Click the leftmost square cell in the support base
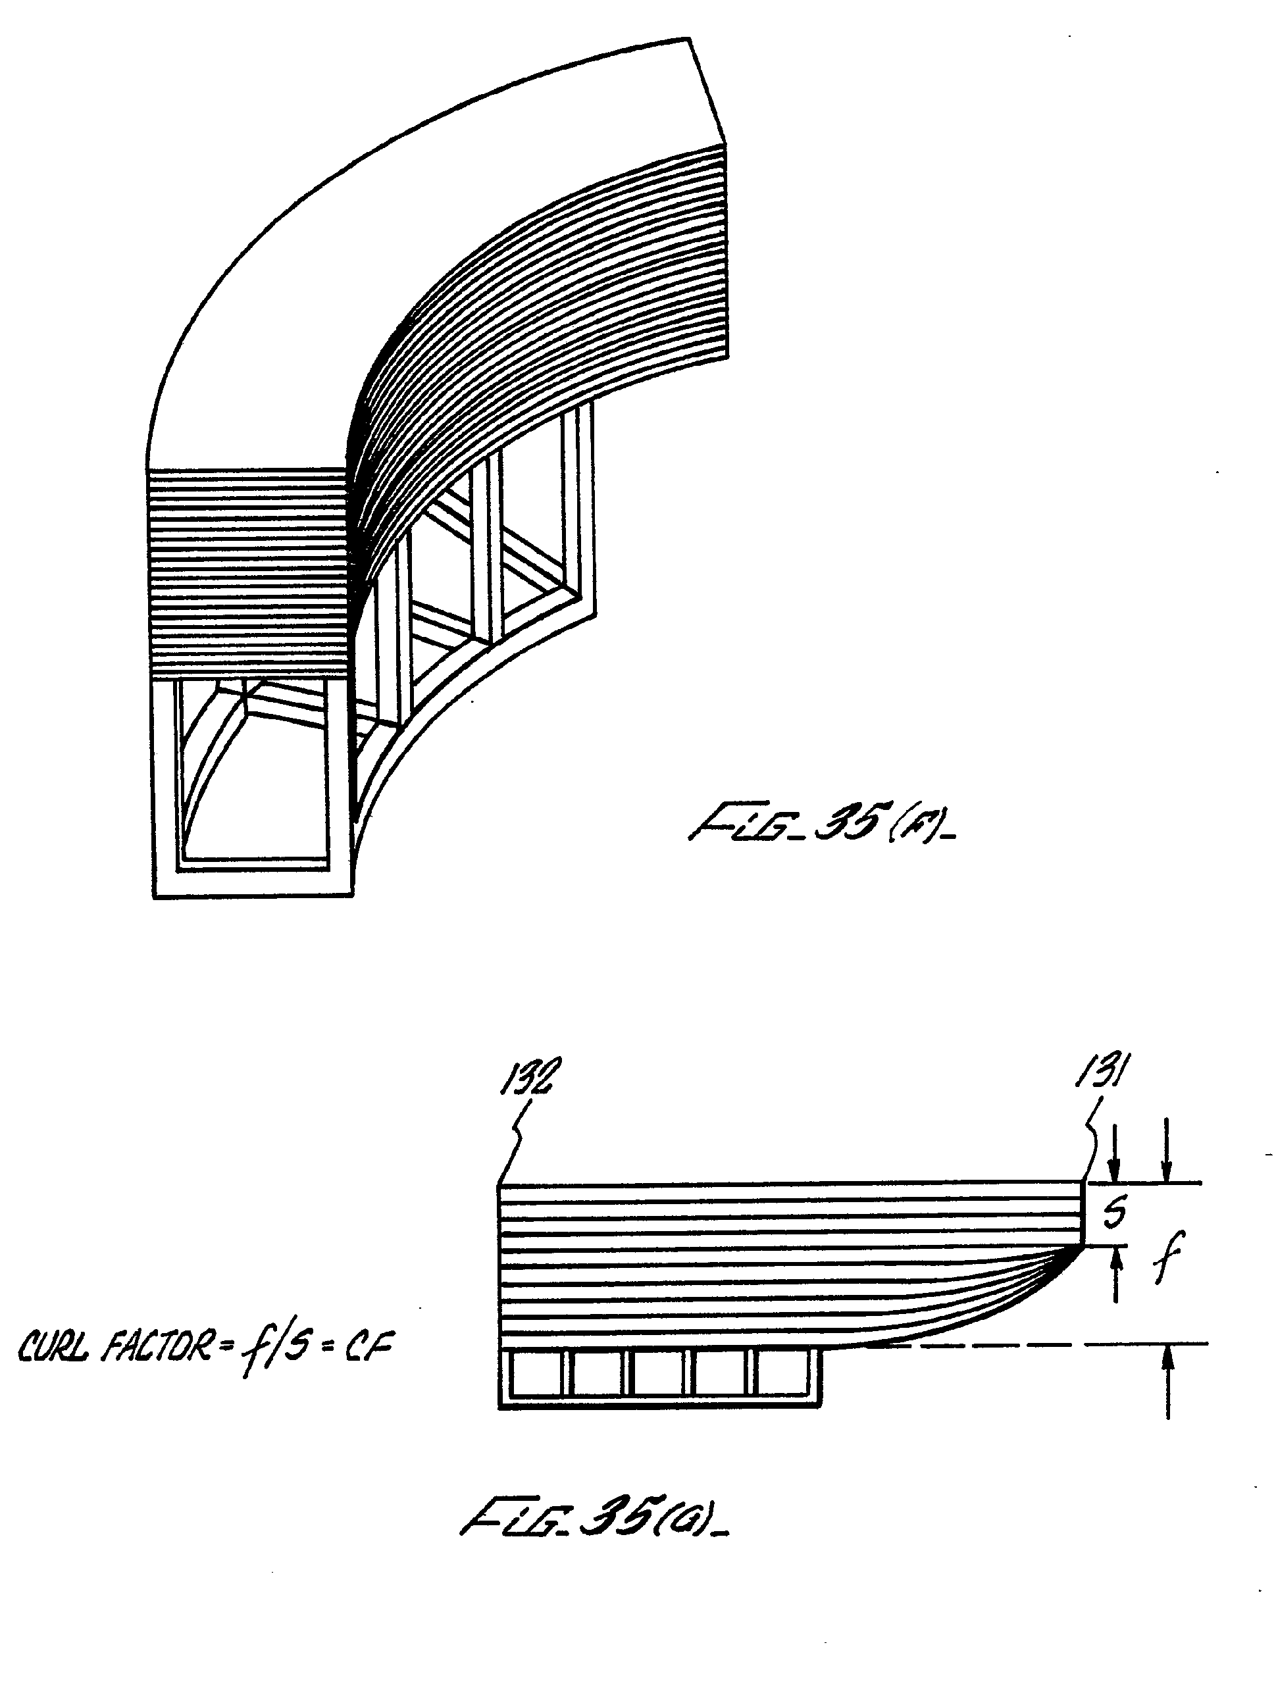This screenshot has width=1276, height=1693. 536,1373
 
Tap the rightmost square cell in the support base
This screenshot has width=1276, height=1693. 784,1373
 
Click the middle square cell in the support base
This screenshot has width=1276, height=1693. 662,1373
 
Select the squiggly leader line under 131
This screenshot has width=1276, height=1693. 1092,1140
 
